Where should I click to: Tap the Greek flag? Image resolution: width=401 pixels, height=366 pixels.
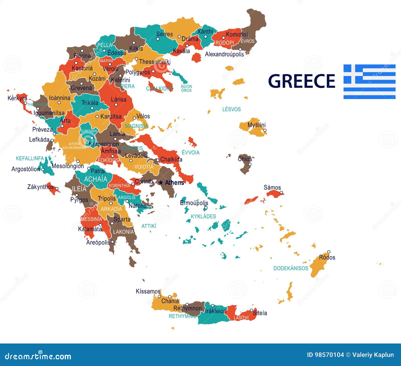(369, 82)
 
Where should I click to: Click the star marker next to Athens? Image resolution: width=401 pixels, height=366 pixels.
(161, 183)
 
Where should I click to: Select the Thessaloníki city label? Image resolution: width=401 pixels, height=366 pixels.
(155, 61)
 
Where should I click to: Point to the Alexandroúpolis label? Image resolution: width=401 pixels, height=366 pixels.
(224, 54)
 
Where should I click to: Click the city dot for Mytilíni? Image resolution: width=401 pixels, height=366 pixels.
(265, 130)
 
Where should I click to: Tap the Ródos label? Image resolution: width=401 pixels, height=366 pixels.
(327, 257)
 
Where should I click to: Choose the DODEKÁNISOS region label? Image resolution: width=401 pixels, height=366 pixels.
(291, 268)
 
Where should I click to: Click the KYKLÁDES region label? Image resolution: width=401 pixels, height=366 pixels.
(203, 216)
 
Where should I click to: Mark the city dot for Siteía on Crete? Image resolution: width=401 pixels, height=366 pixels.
(251, 310)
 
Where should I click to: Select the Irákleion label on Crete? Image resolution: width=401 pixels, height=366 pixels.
(216, 311)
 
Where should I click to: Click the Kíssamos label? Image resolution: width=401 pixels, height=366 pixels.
(148, 291)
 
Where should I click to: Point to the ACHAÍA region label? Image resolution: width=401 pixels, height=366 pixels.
(95, 179)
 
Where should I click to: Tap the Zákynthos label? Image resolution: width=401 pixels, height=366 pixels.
(40, 187)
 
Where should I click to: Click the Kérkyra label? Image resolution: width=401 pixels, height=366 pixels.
(17, 98)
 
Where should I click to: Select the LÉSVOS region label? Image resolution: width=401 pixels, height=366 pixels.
(231, 109)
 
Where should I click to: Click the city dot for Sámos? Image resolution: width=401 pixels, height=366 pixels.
(281, 192)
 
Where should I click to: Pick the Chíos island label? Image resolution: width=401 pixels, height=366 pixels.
(245, 159)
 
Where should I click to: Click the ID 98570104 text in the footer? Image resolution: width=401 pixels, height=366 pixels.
(325, 355)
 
